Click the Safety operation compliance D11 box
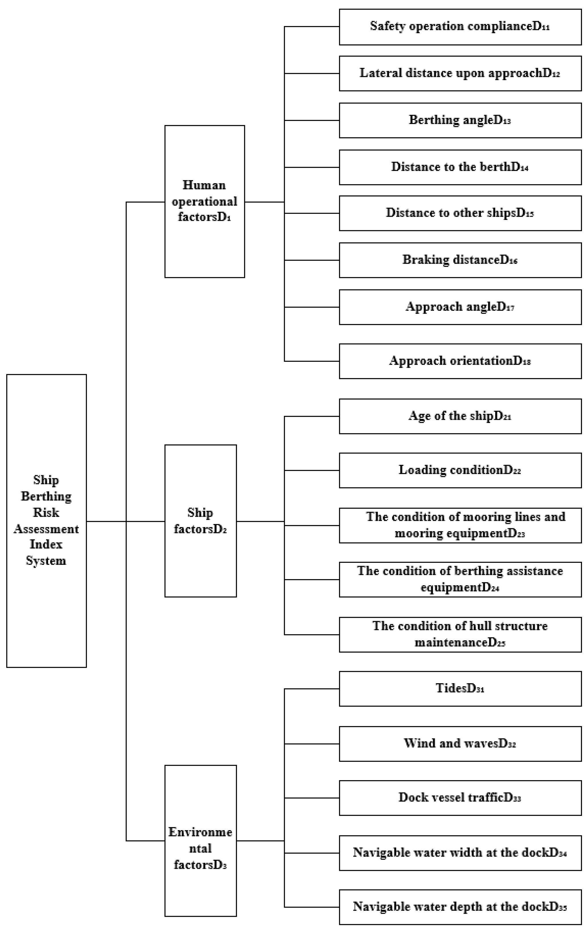coord(460,27)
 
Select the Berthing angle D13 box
coord(460,120)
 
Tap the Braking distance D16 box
coord(460,260)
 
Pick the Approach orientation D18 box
coord(460,361)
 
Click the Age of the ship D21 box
coord(460,416)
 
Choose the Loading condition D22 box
coord(460,470)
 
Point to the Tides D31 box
coord(460,689)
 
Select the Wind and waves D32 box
coord(460,744)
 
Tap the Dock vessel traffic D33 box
coord(460,798)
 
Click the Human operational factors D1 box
coord(204,201)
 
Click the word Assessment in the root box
coord(46,529)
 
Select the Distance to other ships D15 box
coord(460,213)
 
